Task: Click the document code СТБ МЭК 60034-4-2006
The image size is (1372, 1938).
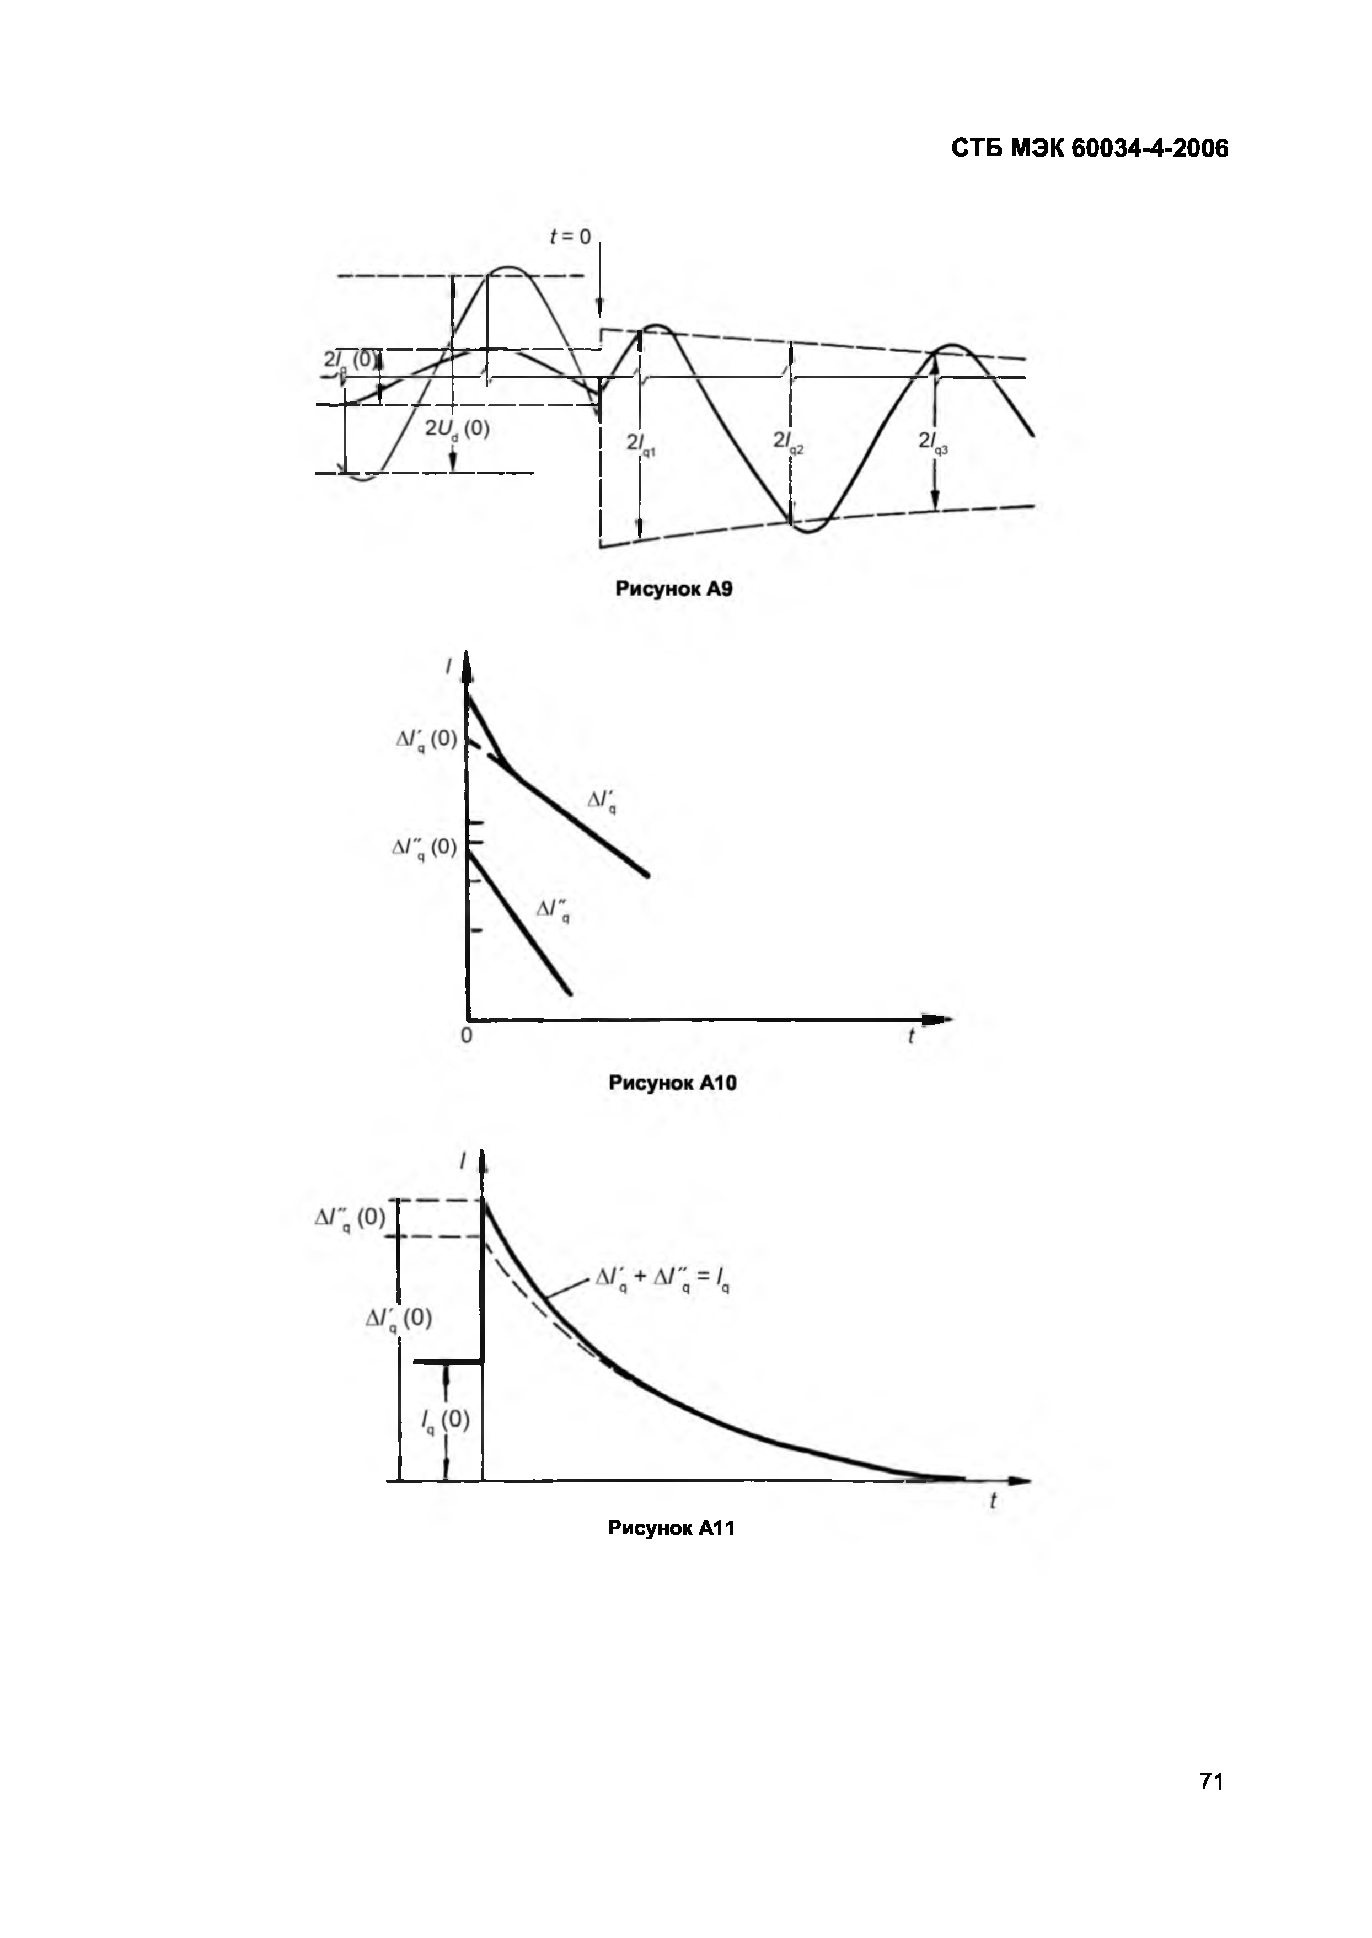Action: tap(1089, 149)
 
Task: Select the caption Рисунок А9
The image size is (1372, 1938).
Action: tap(673, 589)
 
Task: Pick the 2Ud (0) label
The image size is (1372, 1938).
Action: tap(457, 429)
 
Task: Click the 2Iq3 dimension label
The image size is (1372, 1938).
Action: tap(932, 441)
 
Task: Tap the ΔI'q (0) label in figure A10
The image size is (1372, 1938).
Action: tap(427, 740)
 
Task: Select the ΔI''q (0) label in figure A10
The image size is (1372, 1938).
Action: tap(424, 847)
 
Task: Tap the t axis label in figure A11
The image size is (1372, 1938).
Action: tap(993, 1501)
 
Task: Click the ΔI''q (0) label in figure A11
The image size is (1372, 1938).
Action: tap(350, 1218)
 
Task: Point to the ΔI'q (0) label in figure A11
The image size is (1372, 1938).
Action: tap(399, 1319)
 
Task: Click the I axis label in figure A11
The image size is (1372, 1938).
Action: tap(462, 1163)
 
